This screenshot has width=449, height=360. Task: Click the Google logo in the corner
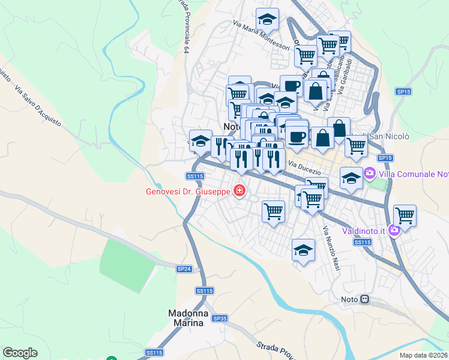(x=20, y=353)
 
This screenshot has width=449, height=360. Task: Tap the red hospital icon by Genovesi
(x=240, y=191)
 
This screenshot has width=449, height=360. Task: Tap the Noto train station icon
(x=364, y=299)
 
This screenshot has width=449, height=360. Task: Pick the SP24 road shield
(x=184, y=269)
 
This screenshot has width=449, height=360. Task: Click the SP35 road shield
(x=220, y=319)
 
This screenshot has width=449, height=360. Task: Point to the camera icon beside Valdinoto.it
(x=394, y=229)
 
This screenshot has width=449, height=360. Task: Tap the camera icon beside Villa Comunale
(x=369, y=174)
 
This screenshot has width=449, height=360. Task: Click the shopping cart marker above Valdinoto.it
(x=405, y=215)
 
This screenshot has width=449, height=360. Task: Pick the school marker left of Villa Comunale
(x=351, y=177)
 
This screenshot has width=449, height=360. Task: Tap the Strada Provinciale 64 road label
(x=183, y=27)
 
